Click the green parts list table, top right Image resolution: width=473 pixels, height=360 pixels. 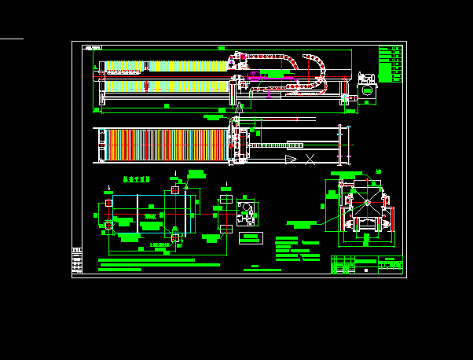pyautogui.click(x=390, y=64)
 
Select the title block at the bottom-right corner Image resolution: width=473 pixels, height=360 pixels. pyautogui.click(x=366, y=264)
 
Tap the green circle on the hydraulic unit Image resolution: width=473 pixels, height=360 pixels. pyautogui.click(x=366, y=91)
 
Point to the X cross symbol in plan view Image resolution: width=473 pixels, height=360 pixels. pyautogui.click(x=310, y=159)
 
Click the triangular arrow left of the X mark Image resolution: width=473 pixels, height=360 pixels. pyautogui.click(x=291, y=159)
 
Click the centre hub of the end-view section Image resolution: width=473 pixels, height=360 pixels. pyautogui.click(x=366, y=203)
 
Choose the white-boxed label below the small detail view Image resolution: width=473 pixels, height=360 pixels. pyautogui.click(x=251, y=237)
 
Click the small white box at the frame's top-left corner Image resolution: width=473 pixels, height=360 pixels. pyautogui.click(x=93, y=48)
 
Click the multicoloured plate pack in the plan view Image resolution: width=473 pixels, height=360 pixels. pyautogui.click(x=165, y=145)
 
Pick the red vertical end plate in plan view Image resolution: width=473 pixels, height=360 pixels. pyautogui.click(x=340, y=145)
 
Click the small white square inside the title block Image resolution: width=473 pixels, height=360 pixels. pyautogui.click(x=365, y=270)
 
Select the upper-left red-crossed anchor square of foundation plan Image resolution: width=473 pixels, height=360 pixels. pyautogui.click(x=108, y=204)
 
